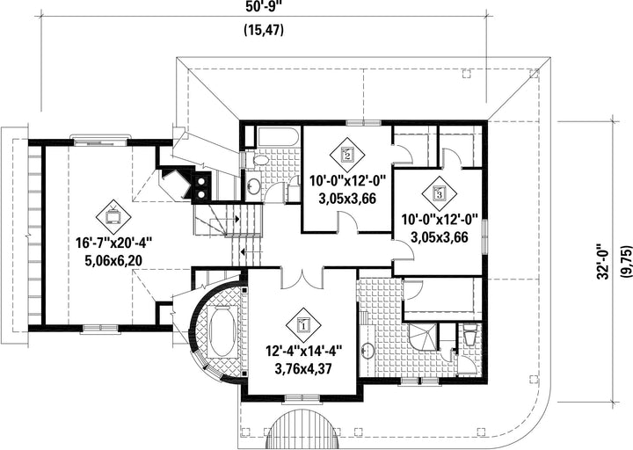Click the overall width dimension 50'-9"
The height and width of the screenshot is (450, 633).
(264, 6)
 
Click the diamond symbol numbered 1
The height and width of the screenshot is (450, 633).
(303, 325)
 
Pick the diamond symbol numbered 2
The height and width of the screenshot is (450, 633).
(347, 155)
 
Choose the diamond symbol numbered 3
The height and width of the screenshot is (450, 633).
(440, 193)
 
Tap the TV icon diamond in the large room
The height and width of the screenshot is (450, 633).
(113, 217)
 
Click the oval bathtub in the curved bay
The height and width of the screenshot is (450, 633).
(222, 331)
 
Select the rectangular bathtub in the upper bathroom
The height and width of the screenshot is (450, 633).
(277, 136)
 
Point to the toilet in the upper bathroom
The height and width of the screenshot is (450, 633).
(259, 161)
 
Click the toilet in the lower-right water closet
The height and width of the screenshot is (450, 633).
(470, 337)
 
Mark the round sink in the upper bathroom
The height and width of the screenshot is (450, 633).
(253, 186)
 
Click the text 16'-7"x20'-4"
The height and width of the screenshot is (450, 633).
(113, 243)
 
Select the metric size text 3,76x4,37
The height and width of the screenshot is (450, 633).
(303, 368)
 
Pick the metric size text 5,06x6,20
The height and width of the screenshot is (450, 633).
(113, 261)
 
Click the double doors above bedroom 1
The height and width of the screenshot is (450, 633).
(302, 278)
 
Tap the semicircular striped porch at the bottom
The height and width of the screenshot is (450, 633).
(302, 429)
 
